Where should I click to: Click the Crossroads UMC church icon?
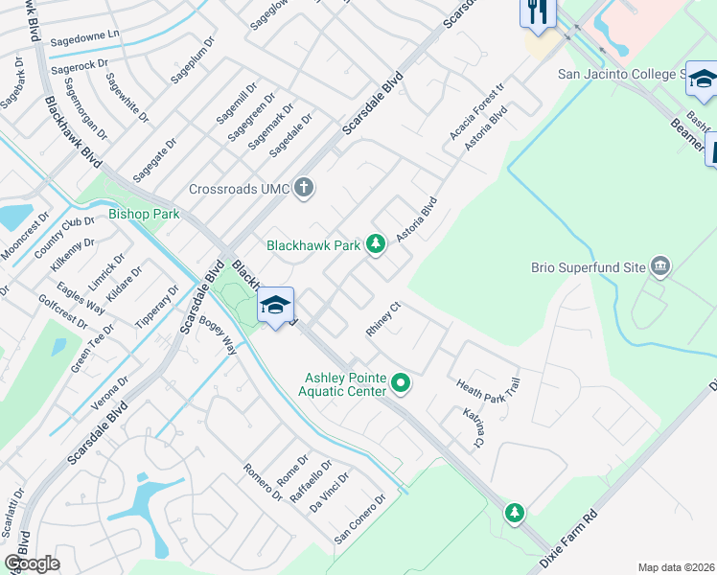pyautogui.click(x=304, y=187)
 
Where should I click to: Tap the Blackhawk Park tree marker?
pyautogui.click(x=376, y=245)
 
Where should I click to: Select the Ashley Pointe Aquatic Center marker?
pyautogui.click(x=402, y=384)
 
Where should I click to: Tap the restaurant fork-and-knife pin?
pyautogui.click(x=537, y=12)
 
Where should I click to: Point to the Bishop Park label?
pyautogui.click(x=144, y=214)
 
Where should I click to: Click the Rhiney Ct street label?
pyautogui.click(x=382, y=319)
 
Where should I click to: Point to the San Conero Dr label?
pyautogui.click(x=359, y=518)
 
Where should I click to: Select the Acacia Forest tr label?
pyautogui.click(x=476, y=109)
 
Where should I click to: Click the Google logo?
pyautogui.click(x=32, y=563)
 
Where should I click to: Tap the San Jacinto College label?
pyautogui.click(x=623, y=74)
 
